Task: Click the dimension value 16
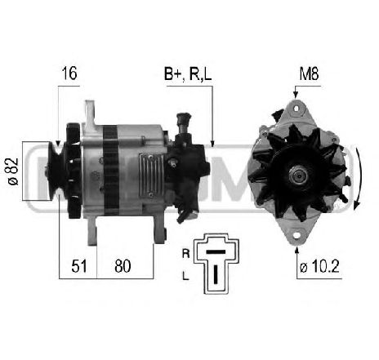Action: point(69,73)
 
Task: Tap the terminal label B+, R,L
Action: point(188,73)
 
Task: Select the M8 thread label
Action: point(309,73)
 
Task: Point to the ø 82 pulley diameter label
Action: point(13,171)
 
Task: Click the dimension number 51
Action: point(79,266)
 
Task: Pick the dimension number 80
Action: point(123,266)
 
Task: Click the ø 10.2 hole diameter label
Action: point(319,266)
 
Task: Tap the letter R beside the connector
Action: point(185,254)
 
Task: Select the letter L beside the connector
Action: point(185,276)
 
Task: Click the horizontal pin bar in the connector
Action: point(216,252)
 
